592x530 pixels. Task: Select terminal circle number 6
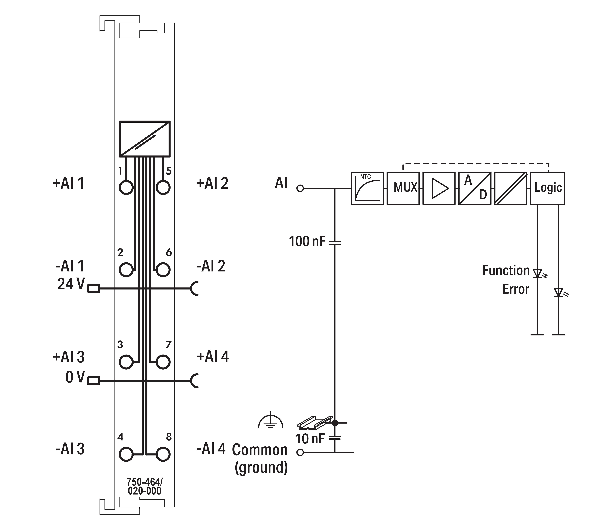(x=163, y=270)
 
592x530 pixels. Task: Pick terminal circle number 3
(x=126, y=362)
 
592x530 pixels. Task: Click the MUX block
(x=403, y=188)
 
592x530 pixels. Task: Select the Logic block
(x=547, y=188)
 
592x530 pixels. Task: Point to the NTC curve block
(x=367, y=188)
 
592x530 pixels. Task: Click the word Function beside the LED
(x=506, y=271)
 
